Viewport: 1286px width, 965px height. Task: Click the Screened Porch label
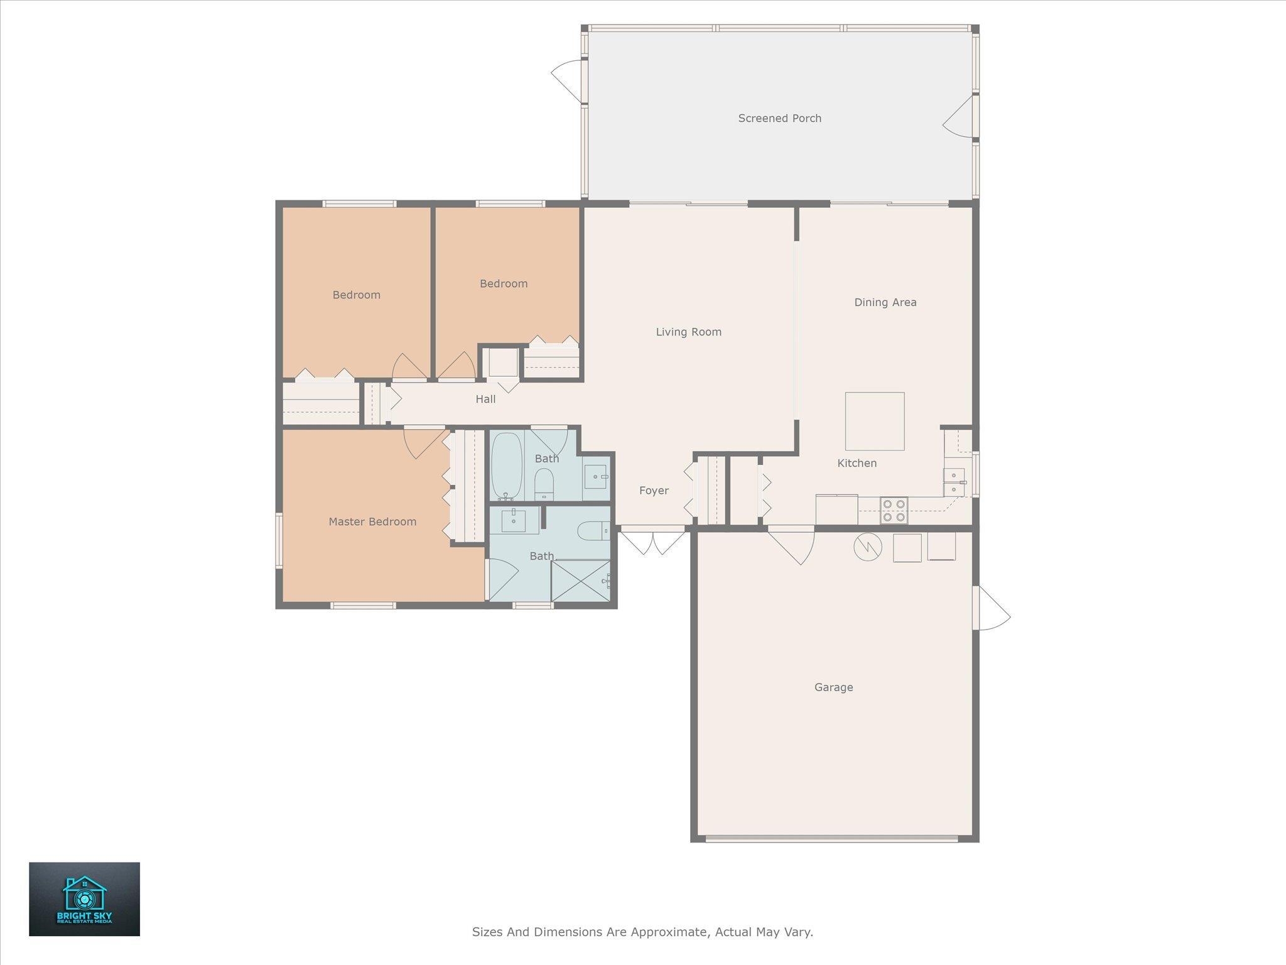click(x=779, y=118)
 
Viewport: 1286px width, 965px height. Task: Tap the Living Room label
click(x=688, y=332)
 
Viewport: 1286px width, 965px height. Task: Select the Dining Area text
click(x=885, y=302)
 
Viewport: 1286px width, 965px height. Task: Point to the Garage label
click(x=833, y=687)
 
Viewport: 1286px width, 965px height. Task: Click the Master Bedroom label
click(x=372, y=521)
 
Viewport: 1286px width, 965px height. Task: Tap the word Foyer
click(x=654, y=491)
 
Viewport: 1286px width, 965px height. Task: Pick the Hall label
click(x=485, y=399)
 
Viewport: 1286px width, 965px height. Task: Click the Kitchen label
click(x=856, y=463)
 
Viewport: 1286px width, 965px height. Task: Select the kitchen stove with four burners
click(x=894, y=510)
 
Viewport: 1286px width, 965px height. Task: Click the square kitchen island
click(x=875, y=422)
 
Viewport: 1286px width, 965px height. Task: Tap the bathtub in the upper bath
click(x=506, y=466)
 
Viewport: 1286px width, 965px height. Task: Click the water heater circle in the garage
click(x=868, y=548)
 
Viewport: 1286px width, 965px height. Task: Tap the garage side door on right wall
click(x=992, y=608)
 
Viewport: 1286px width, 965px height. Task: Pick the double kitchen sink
click(x=954, y=482)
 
